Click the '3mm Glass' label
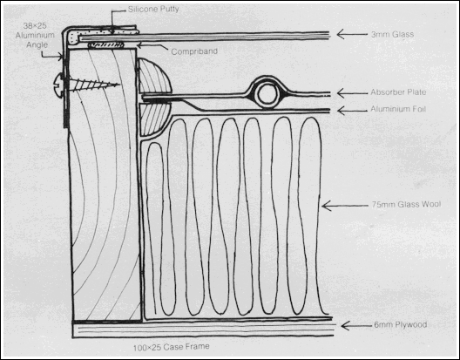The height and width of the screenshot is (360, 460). point(393,34)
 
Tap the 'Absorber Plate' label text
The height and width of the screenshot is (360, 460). point(398,92)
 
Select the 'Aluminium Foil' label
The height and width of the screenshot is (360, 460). point(398,109)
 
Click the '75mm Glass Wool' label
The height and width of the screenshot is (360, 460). point(406,204)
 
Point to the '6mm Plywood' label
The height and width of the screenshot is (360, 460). point(401,325)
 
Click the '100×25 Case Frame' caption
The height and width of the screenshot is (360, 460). point(172,347)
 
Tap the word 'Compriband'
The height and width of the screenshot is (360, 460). point(194,51)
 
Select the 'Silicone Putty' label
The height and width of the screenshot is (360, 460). point(153,9)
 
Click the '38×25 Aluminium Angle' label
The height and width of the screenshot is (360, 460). point(35,35)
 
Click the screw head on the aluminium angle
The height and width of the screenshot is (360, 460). point(58,85)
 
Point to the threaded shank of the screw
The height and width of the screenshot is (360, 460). point(94,85)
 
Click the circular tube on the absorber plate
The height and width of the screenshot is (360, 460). point(267,94)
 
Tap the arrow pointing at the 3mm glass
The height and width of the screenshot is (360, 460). point(352,34)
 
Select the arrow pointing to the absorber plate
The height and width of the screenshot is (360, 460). point(352,93)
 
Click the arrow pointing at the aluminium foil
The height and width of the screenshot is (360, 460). point(352,111)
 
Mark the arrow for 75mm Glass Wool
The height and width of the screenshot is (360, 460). point(345,206)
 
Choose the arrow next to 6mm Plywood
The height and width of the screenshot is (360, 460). point(356,326)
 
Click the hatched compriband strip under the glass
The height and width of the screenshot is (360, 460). point(106,45)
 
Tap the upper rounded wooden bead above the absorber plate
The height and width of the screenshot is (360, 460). point(154,77)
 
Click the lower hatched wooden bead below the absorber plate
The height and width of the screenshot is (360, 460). point(153,119)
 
